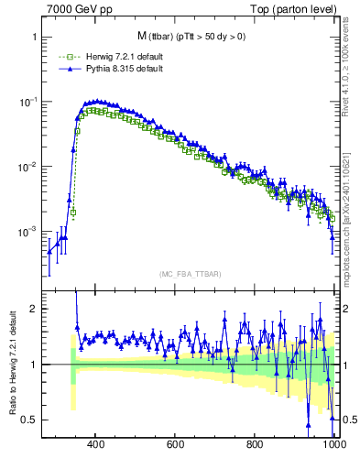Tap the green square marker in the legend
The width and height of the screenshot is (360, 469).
(x=61, y=57)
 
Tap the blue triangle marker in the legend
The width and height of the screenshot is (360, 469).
(x=61, y=69)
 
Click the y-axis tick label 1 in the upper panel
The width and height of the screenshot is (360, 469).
(x=33, y=38)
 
